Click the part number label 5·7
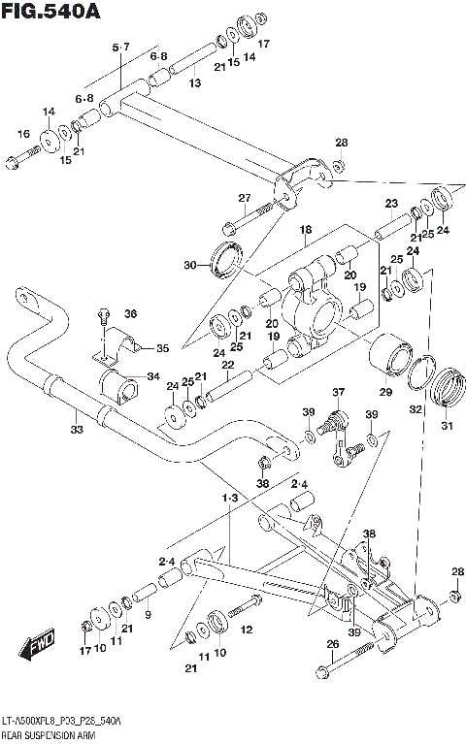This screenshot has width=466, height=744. coord(120,48)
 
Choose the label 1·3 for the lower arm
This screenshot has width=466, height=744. coord(229,498)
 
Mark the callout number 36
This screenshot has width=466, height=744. coord(131,313)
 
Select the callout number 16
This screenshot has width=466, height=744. coord(22,133)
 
